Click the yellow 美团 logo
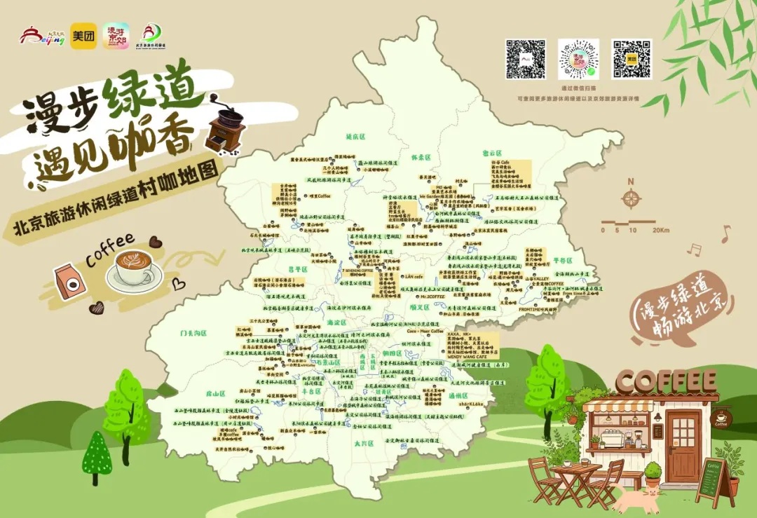(x=83, y=36)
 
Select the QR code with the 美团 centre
(x=632, y=59)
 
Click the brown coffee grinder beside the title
(x=226, y=129)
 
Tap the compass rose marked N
(x=631, y=199)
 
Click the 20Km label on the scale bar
(x=660, y=230)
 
